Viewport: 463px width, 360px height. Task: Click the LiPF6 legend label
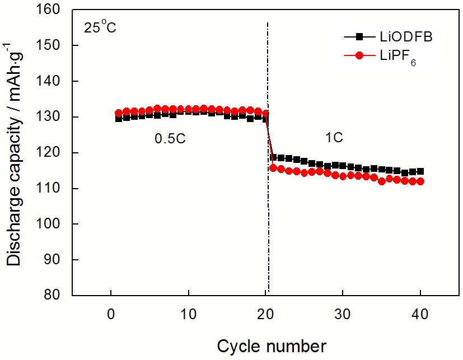[394, 57]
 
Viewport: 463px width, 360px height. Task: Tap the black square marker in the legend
[359, 36]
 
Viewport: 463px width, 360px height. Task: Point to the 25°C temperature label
[100, 27]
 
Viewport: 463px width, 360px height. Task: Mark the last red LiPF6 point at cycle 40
[420, 181]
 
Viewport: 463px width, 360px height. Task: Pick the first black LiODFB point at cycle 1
[119, 119]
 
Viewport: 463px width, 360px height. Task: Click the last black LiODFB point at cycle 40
[420, 171]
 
